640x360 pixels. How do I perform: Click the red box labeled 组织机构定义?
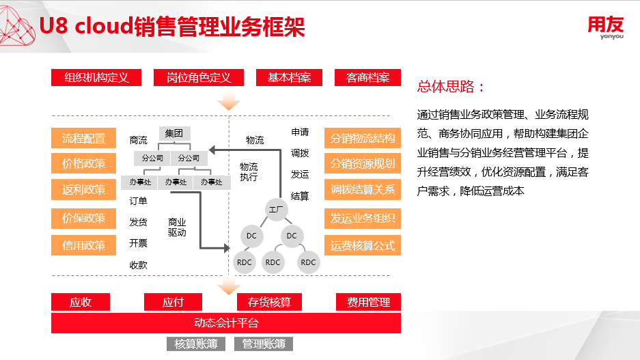[x=96, y=78]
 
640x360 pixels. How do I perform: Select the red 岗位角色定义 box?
[x=199, y=78]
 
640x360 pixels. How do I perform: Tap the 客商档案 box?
[x=367, y=78]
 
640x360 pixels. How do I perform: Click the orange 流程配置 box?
[x=84, y=138]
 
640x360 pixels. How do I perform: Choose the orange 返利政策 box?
[x=84, y=189]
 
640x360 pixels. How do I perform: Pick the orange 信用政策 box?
[x=84, y=245]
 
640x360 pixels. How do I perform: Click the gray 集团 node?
[x=174, y=133]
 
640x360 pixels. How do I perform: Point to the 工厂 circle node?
[x=277, y=210]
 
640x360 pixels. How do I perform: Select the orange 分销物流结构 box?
[x=363, y=138]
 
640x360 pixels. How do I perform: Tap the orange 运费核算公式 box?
[x=363, y=245]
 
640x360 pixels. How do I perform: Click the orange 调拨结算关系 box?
[x=363, y=189]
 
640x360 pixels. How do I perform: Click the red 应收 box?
[x=81, y=302]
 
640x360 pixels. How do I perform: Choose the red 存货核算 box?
[x=269, y=302]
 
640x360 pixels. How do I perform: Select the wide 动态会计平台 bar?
[x=226, y=323]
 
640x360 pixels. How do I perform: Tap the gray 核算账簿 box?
[x=196, y=344]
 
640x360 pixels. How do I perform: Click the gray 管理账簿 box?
[x=264, y=344]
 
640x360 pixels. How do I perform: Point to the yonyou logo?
[x=606, y=27]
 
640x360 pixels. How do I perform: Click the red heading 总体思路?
[x=451, y=87]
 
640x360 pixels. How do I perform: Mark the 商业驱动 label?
[x=177, y=227]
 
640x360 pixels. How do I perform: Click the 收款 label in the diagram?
[x=139, y=265]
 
